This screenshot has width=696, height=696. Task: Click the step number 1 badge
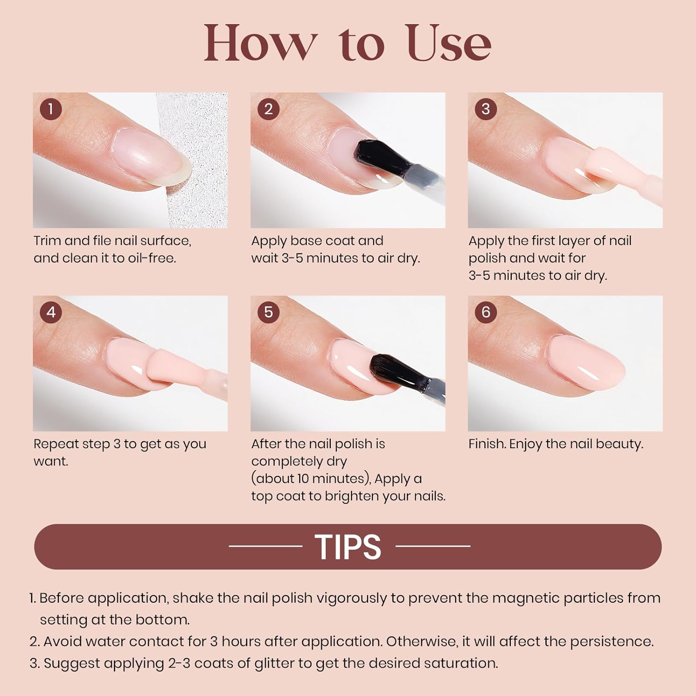(x=51, y=109)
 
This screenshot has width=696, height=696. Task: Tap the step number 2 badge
(x=269, y=109)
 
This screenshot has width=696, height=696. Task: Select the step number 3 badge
(x=486, y=109)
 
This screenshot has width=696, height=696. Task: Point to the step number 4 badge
(x=51, y=312)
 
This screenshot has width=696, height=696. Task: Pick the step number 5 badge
(x=269, y=312)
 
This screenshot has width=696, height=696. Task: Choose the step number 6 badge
(x=486, y=312)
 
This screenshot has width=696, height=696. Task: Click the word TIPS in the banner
(x=348, y=547)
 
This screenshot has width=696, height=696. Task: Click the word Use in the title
(x=449, y=43)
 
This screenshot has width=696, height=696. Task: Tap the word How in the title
(x=261, y=43)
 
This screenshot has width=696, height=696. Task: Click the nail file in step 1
(x=195, y=160)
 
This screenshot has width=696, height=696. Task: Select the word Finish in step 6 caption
(x=488, y=444)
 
